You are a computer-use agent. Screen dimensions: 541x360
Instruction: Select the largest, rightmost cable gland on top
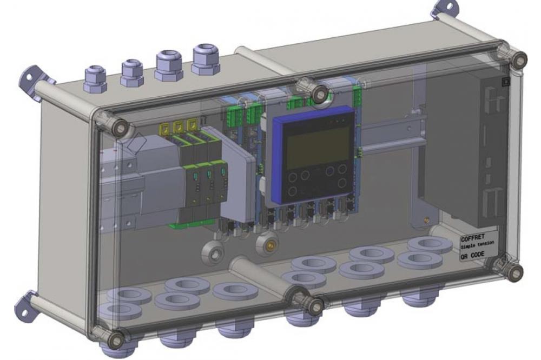tap(206, 59)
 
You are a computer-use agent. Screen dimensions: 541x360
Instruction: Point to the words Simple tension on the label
tap(477, 245)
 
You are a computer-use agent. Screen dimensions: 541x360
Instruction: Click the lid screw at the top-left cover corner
tap(121, 128)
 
